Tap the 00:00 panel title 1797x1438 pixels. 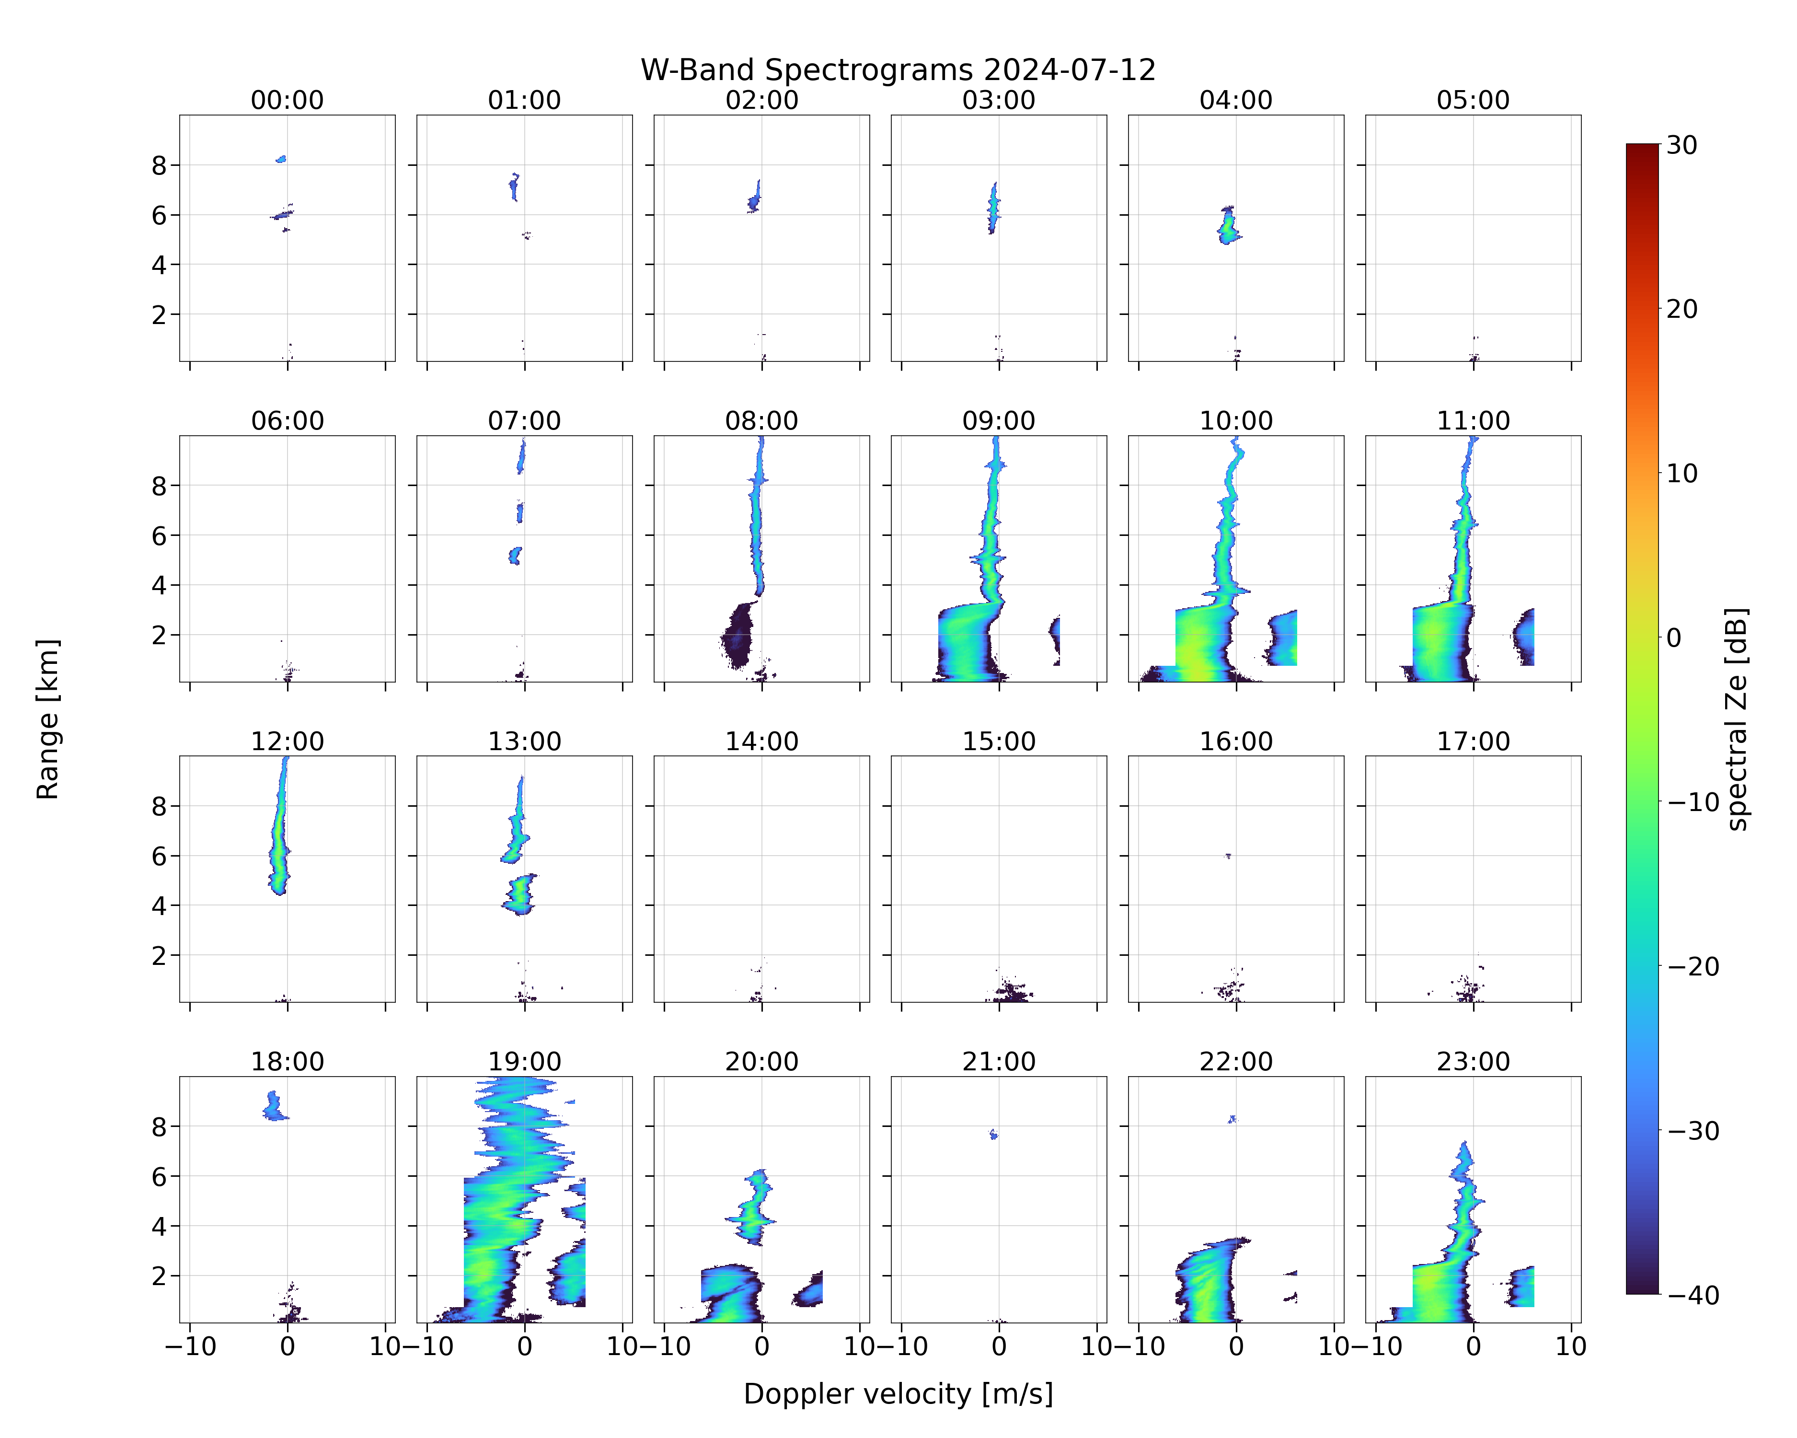(x=288, y=100)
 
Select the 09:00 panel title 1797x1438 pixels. (x=999, y=421)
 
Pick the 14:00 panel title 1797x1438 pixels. (x=762, y=741)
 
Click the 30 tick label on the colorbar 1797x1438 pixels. (x=1682, y=145)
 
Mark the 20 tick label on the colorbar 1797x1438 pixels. (x=1682, y=309)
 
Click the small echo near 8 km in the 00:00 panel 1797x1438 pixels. (x=282, y=158)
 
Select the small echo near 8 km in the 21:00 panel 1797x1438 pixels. (x=993, y=1134)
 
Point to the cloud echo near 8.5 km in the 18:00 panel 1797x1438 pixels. (x=274, y=1106)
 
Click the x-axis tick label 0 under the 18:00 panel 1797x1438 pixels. (x=288, y=1346)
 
